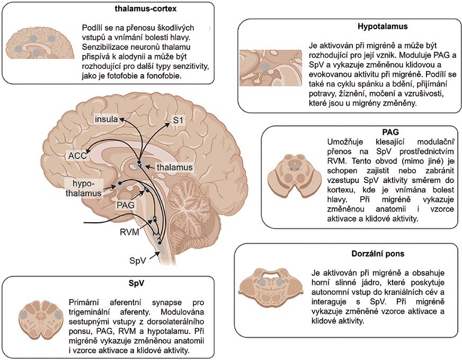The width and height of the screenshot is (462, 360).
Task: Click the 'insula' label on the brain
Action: click(x=106, y=119)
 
